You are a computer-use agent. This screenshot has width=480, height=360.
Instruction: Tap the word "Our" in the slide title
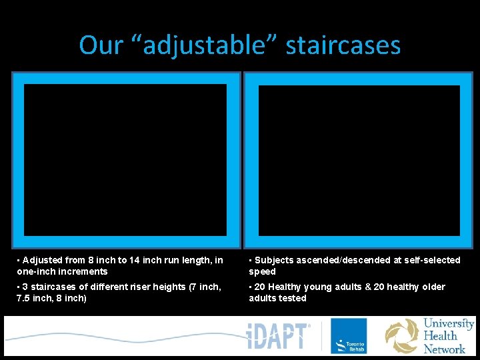[101, 45]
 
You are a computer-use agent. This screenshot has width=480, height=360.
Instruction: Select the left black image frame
[125, 160]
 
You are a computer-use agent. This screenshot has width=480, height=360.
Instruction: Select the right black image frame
[359, 160]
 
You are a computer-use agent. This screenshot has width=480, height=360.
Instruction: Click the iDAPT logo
[279, 335]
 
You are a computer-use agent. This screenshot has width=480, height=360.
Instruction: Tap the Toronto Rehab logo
[349, 335]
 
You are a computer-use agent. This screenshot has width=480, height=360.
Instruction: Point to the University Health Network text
[449, 335]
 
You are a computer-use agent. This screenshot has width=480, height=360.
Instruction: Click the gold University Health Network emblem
[401, 335]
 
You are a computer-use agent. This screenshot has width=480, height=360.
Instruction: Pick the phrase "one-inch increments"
[62, 271]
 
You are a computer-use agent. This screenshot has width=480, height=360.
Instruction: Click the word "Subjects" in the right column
[274, 260]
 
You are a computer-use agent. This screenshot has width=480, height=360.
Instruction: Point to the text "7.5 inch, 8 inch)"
[51, 298]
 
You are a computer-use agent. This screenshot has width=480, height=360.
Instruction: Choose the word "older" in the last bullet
[432, 287]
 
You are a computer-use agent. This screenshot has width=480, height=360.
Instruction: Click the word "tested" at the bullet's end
[293, 298]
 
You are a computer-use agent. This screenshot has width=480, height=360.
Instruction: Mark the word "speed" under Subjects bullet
[262, 271]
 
